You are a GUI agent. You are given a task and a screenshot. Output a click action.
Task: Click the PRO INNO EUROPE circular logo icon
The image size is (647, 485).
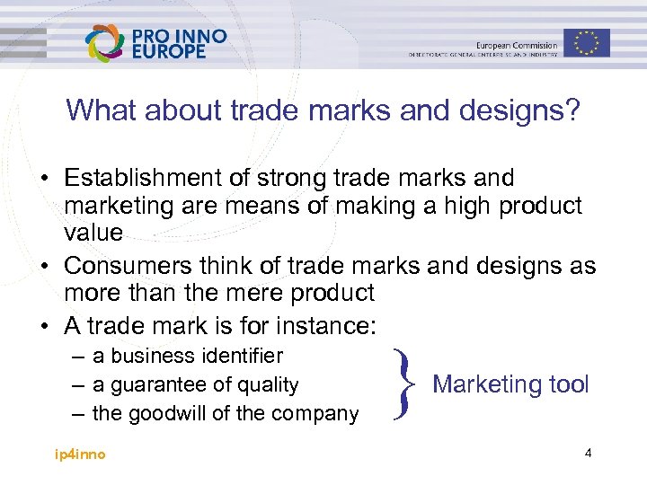pyautogui.click(x=106, y=42)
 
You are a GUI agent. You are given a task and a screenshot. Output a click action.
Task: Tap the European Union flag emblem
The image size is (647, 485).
pyautogui.click(x=587, y=42)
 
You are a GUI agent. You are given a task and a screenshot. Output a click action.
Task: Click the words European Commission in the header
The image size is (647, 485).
pyautogui.click(x=517, y=45)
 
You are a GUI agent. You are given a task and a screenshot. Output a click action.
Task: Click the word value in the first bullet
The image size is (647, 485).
pyautogui.click(x=93, y=233)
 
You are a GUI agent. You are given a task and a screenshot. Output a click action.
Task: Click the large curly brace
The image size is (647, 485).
pyautogui.click(x=402, y=384)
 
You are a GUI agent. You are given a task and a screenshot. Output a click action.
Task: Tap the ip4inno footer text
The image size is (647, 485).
pyautogui.click(x=80, y=454)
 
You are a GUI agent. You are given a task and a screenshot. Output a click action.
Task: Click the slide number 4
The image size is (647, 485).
pyautogui.click(x=588, y=453)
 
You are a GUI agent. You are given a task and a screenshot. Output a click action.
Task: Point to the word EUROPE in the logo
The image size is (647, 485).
pyautogui.click(x=169, y=51)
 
